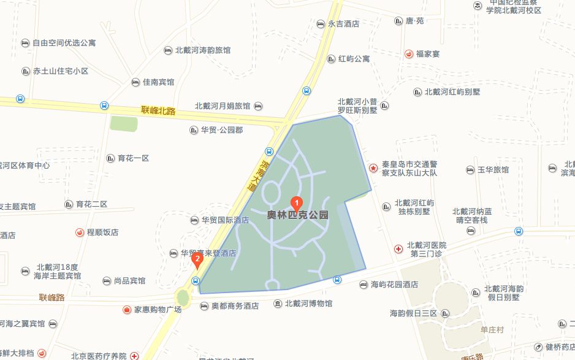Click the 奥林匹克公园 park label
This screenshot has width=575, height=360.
pos(298,215)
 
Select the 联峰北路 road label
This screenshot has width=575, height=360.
pos(158,111)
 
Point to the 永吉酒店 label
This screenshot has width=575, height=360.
pos(343,24)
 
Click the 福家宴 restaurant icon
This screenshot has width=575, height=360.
pos(408,54)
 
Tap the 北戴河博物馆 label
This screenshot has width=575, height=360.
pos(308,304)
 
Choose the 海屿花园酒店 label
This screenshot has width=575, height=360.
pos(394,285)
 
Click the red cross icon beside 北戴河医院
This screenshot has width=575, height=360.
pos(398,248)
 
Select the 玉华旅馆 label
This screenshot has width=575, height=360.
pos(493,170)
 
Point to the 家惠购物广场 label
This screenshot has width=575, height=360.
pos(158,310)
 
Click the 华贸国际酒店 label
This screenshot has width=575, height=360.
pos(225,220)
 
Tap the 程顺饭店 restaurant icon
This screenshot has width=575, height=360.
pos(80,232)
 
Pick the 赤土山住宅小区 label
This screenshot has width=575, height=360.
pos(61,71)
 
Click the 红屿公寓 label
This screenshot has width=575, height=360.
pos(354,59)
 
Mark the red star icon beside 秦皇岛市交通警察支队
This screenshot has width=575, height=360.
pos(373,167)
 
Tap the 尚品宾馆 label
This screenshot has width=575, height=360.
pos(129,281)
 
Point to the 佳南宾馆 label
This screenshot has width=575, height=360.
pos(158,82)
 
